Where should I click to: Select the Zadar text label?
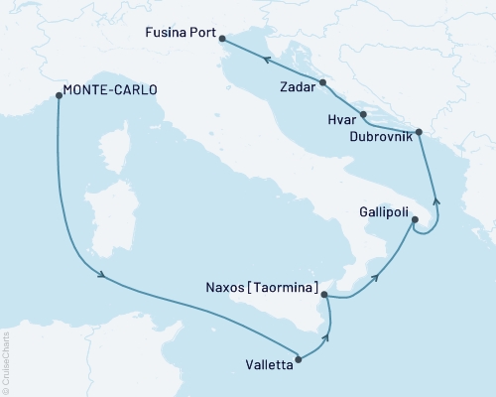tap(297, 86)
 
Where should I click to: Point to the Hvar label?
tap(340, 118)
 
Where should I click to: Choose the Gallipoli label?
tap(379, 210)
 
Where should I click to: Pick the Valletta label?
tap(268, 362)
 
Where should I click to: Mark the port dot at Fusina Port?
tap(221, 40)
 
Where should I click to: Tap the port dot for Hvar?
tap(363, 114)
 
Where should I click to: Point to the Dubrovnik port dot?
tap(418, 131)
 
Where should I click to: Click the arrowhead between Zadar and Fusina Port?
tap(266, 61)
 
